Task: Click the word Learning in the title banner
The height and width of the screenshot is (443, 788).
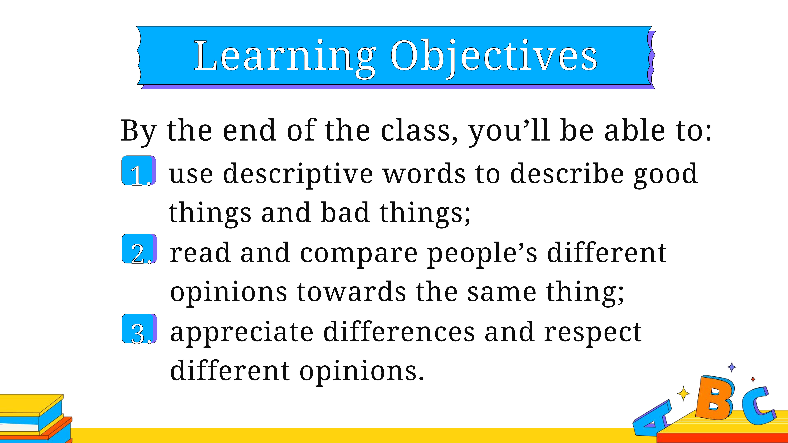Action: [x=285, y=58]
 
